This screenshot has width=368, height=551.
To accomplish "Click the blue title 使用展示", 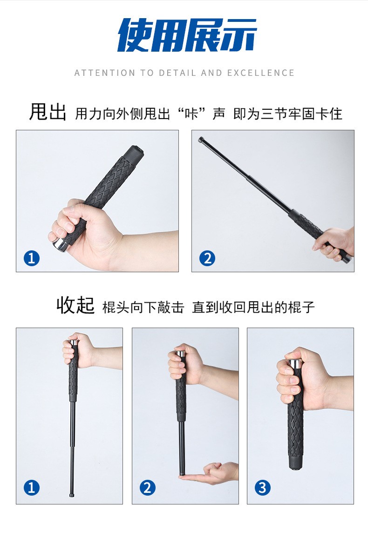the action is [187, 35].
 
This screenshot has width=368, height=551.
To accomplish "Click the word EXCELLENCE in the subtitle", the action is [261, 73].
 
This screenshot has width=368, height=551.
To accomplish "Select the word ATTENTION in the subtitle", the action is [105, 73].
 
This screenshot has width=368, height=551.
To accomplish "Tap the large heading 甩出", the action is [48, 112].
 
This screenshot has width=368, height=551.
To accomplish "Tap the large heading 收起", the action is [75, 305].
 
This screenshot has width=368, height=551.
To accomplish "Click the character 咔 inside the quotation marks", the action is [192, 114].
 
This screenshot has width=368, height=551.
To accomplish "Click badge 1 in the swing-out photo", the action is [32, 258].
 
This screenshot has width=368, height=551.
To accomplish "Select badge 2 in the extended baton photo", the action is [207, 258].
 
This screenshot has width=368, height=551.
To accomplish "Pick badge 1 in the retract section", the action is [31, 488].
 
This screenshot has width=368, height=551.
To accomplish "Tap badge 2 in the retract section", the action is [147, 488].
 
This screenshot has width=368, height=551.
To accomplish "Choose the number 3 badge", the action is [262, 488].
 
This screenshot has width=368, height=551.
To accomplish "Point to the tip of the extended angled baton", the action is [201, 139].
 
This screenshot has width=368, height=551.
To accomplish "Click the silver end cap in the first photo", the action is [59, 244].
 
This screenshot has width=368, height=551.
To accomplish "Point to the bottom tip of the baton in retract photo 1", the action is [72, 496].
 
